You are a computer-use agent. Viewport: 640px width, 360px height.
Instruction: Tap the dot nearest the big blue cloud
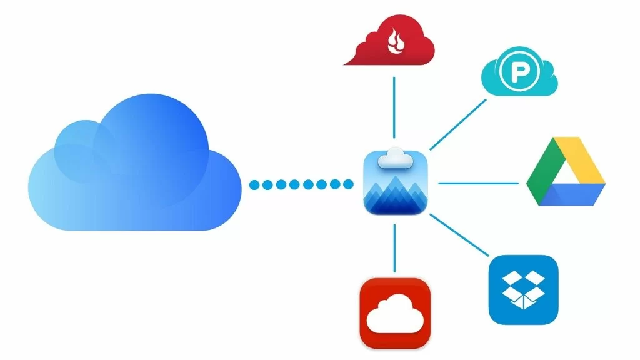[254, 184]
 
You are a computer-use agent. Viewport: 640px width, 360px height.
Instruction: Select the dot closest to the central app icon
[348, 184]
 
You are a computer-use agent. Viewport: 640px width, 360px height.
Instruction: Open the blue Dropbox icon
[522, 289]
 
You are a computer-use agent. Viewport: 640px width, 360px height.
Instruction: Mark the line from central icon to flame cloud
[394, 106]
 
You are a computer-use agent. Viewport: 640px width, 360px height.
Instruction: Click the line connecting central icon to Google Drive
[478, 184]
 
